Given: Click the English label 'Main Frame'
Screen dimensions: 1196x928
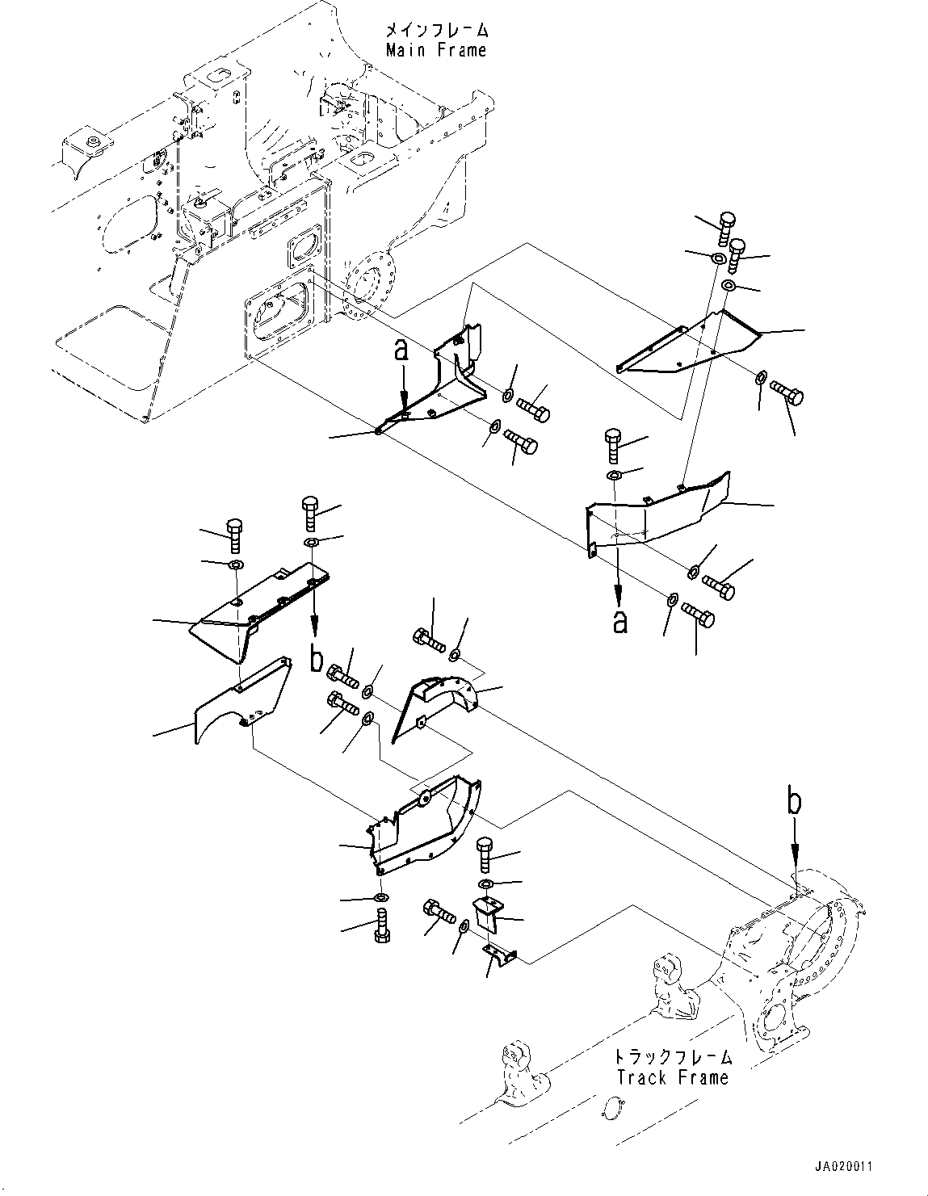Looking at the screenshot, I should pos(436,50).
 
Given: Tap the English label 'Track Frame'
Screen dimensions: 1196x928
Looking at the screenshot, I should pos(672,1076).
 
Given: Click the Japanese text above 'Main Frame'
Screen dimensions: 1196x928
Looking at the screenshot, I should pos(436,31).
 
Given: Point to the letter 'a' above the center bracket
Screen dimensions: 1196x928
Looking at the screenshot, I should pos(401,351).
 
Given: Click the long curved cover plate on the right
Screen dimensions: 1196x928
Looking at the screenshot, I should pos(654,509).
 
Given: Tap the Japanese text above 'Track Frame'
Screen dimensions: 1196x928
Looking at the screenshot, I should pos(672,1056).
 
